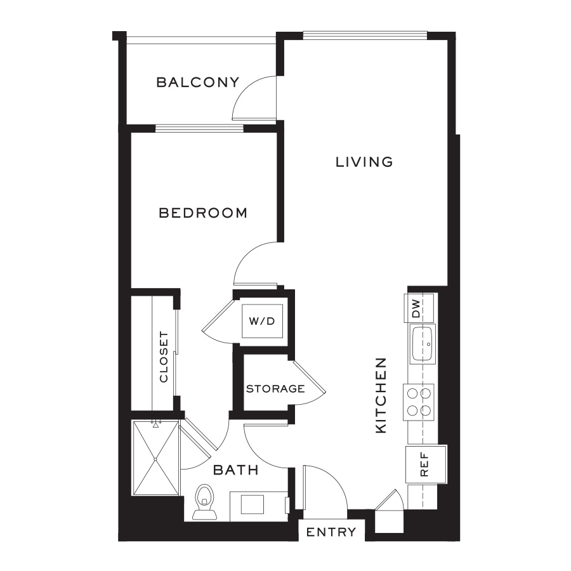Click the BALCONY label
(x=198, y=82)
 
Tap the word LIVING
(x=364, y=162)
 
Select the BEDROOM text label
(x=203, y=213)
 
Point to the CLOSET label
(x=164, y=357)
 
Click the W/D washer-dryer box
(x=262, y=321)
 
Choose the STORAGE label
(x=275, y=388)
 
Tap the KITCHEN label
(x=381, y=395)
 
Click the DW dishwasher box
(x=419, y=308)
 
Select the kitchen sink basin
(x=423, y=344)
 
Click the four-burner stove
(x=419, y=402)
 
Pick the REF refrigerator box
(x=426, y=464)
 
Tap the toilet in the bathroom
(x=205, y=502)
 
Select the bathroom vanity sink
(x=252, y=504)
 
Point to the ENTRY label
(x=331, y=532)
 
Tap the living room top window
(x=365, y=36)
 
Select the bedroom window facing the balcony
(x=200, y=128)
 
